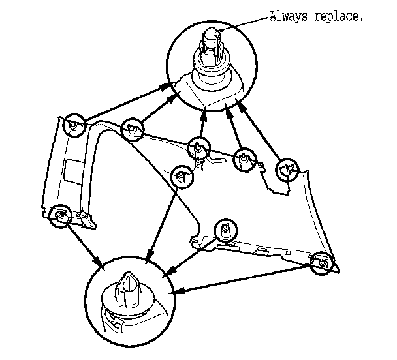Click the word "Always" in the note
pyautogui.click(x=286, y=17)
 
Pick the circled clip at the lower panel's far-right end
pyautogui.click(x=321, y=263)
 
